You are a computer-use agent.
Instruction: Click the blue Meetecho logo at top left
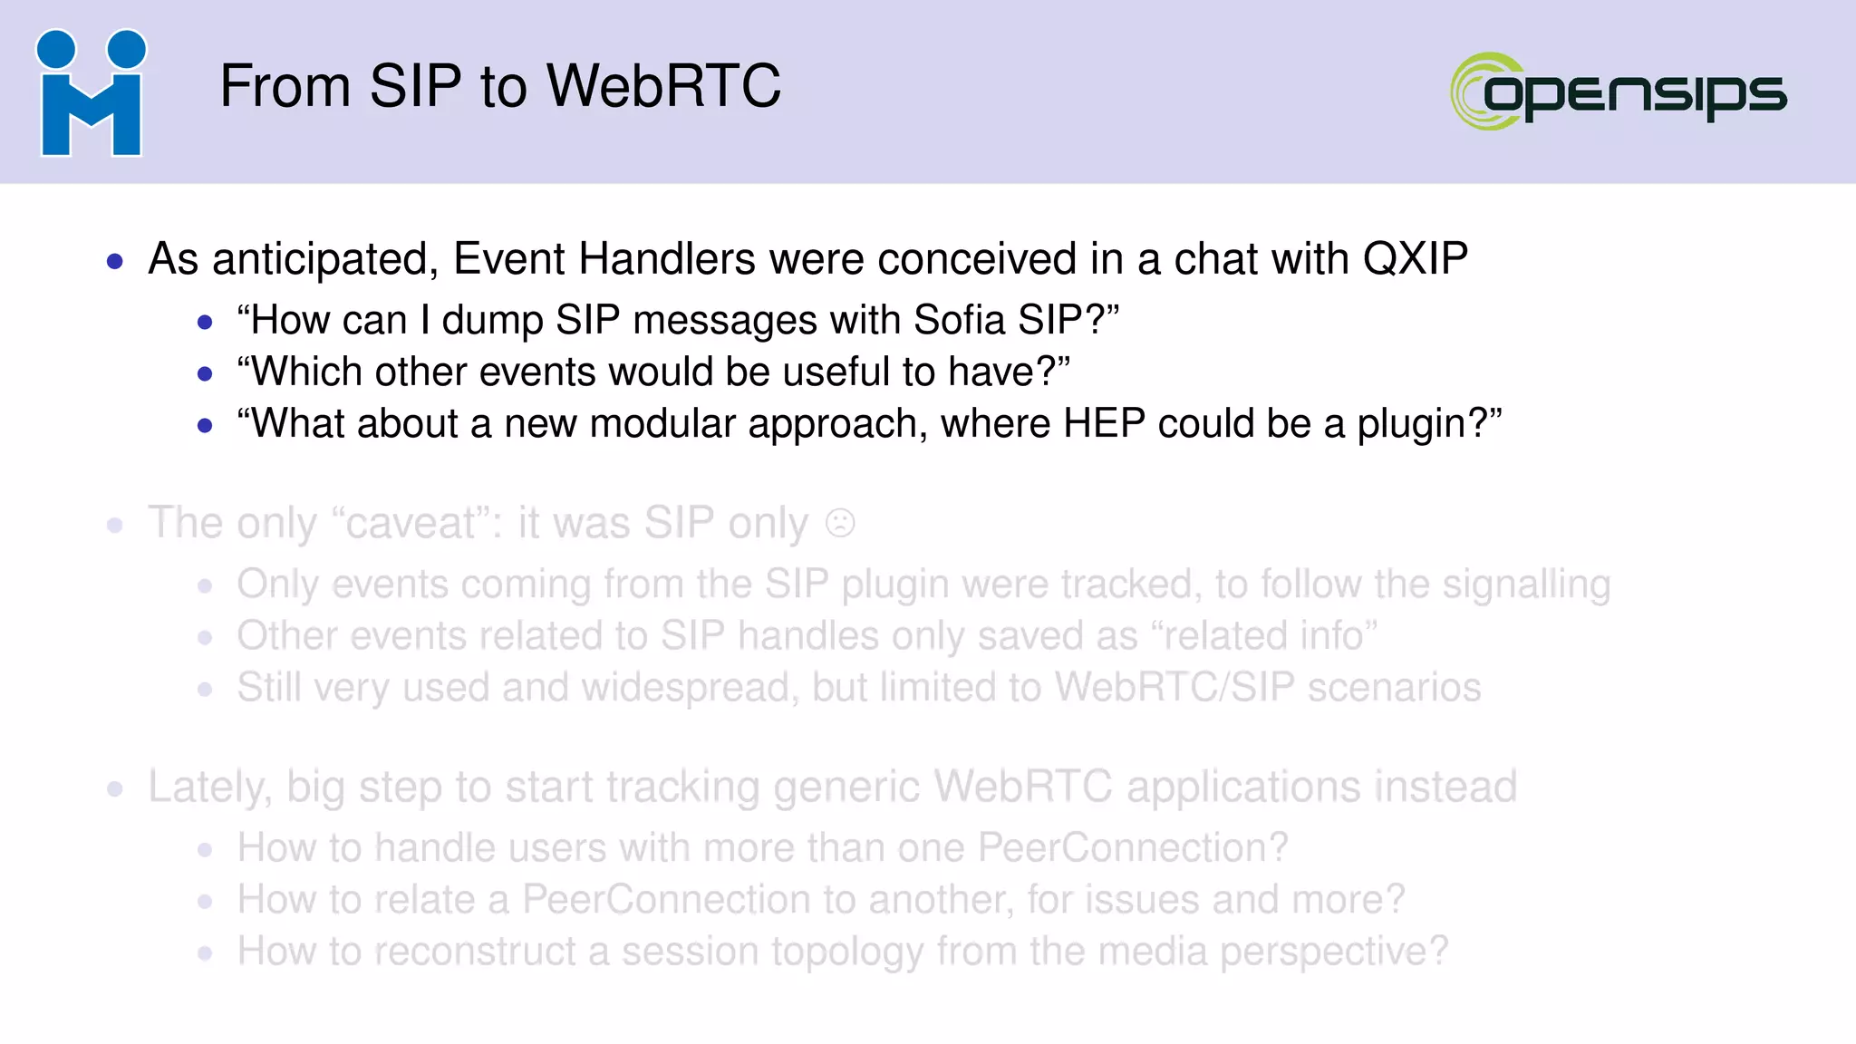[91, 93]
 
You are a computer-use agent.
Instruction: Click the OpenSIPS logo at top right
[1619, 92]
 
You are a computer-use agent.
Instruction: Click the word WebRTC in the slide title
[663, 87]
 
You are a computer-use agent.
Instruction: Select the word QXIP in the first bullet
[1415, 259]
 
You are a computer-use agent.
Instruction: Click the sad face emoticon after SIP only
[840, 524]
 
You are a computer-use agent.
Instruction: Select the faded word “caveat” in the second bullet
[417, 524]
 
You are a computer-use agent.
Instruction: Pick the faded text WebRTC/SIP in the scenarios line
[1174, 688]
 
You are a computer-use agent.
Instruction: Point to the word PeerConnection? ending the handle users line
[1133, 848]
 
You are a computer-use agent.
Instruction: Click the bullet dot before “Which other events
[205, 373]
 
